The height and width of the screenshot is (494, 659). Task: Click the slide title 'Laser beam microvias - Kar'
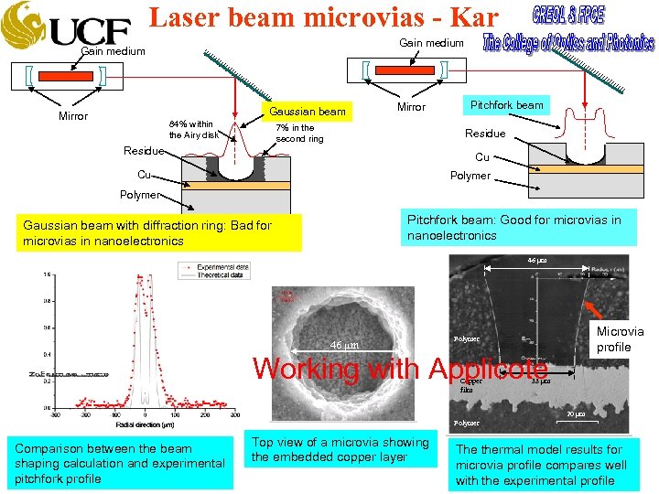point(323,17)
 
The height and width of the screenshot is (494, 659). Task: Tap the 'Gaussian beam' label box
point(307,112)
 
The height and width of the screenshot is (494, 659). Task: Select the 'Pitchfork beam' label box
point(506,104)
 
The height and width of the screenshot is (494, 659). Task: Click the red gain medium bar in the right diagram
point(405,70)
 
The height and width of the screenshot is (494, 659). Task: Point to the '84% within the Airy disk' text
point(193,130)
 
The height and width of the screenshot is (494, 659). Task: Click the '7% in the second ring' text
point(299,134)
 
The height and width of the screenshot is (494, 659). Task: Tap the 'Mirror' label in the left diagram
point(73,116)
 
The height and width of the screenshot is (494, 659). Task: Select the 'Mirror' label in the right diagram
point(411,107)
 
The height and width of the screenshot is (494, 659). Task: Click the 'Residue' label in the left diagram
point(144,151)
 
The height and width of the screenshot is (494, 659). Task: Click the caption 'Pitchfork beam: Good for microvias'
point(520,227)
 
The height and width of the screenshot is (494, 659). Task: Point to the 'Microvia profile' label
point(620,339)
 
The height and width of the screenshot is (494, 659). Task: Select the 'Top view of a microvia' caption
point(340,449)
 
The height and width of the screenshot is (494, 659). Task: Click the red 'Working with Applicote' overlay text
point(400,369)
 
